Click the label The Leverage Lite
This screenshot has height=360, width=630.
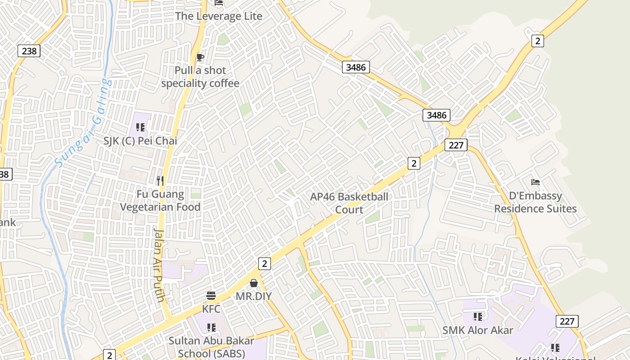(x=219, y=16)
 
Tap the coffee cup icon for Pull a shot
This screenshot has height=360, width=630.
(x=200, y=57)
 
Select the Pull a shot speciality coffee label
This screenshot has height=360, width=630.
(x=200, y=77)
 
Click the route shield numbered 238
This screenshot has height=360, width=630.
(x=29, y=51)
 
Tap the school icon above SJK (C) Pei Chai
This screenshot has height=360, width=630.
(x=140, y=127)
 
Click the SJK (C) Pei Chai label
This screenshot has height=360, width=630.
(x=140, y=141)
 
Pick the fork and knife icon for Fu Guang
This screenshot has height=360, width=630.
(x=160, y=181)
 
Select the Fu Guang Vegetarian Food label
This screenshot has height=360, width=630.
(x=160, y=201)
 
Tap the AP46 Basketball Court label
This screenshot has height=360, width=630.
(x=349, y=203)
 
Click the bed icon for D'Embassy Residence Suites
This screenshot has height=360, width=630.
(x=535, y=182)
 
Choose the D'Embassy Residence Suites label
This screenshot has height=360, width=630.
(x=535, y=202)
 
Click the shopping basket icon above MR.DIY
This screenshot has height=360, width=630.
(x=254, y=283)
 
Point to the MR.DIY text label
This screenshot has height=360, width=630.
(x=254, y=297)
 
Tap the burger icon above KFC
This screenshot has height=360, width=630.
(x=211, y=296)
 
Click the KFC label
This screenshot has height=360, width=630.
(x=211, y=309)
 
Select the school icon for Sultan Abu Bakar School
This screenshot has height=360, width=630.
(x=211, y=327)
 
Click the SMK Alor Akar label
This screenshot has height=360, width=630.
(x=478, y=330)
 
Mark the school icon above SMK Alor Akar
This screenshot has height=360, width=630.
(x=478, y=317)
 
